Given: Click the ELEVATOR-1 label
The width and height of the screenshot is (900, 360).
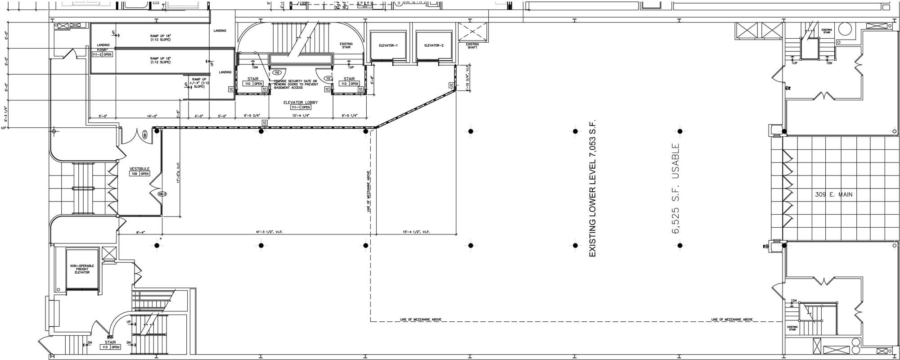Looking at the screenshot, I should click(388, 45).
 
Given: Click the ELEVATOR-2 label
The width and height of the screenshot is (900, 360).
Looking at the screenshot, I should click(434, 45).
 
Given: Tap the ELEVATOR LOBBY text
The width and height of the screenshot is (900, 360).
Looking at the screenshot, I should click(300, 103).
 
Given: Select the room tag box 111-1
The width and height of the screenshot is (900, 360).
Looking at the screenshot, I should click(301, 108).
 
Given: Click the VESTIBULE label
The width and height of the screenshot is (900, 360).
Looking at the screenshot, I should click(139, 169).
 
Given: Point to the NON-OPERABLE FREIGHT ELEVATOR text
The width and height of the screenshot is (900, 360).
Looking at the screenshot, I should click(82, 269).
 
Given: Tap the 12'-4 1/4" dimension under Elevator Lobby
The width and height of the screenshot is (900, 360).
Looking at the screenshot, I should click(300, 116).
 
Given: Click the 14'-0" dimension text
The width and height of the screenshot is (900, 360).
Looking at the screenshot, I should click(151, 116).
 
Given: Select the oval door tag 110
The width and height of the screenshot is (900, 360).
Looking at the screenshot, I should click(277, 72).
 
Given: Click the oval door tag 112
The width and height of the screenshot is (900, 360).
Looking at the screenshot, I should click(328, 78).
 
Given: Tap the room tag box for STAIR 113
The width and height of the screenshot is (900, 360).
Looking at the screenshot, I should click(110, 347).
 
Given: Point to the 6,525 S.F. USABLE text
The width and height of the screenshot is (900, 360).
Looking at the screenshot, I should click(675, 189).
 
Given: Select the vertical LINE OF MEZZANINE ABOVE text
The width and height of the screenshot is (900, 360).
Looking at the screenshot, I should click(368, 191).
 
